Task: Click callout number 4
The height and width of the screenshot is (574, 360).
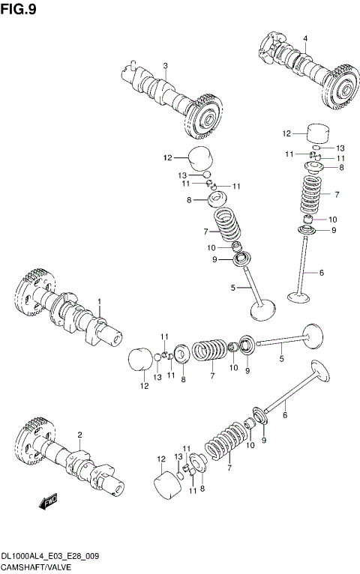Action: point(305,38)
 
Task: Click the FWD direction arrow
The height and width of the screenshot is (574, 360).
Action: point(49,501)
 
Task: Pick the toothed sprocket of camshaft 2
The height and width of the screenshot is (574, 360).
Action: point(32,438)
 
